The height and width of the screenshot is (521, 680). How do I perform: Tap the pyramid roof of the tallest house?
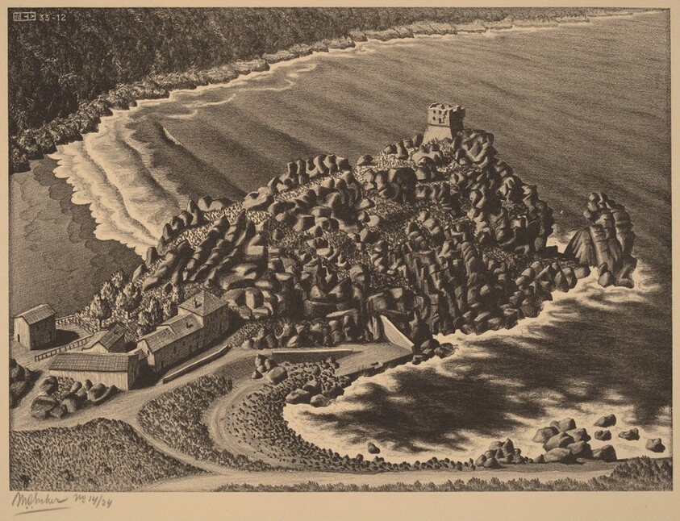[x=202, y=302]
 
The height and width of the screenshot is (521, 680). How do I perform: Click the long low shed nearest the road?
[x=94, y=370]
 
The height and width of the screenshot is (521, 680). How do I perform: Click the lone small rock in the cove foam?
[x=373, y=448]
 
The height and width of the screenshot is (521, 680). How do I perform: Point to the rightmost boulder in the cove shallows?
[x=655, y=444]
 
